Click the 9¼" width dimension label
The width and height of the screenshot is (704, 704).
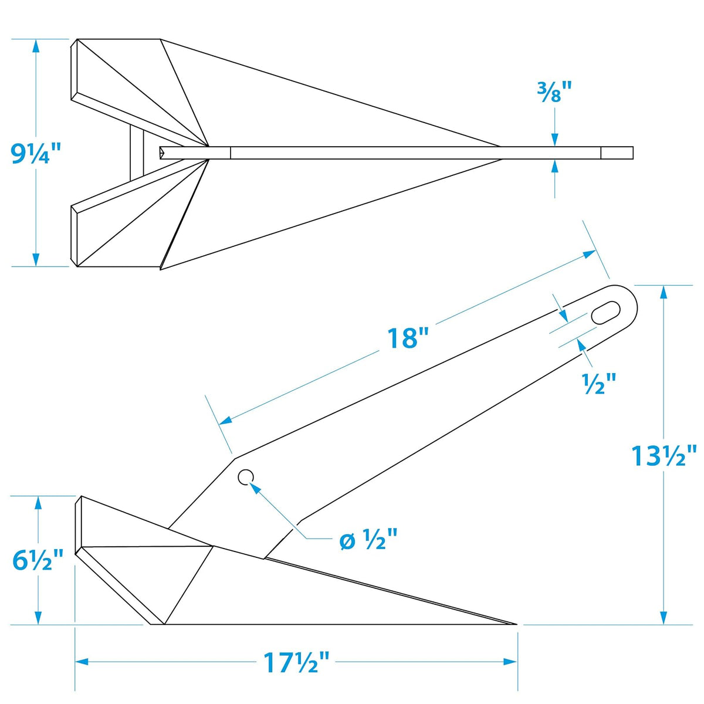coord(35,154)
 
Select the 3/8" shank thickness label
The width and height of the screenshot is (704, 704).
coord(554,93)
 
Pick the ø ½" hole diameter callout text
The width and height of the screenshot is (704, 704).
coord(367,541)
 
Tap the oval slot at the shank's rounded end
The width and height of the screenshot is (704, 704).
coord(606,313)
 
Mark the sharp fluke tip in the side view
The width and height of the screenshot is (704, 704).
coord(516,624)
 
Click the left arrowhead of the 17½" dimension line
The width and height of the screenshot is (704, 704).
coord(82,662)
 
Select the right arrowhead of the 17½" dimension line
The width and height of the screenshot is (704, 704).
coord(510,662)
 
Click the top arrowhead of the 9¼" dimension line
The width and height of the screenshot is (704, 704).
coord(36,47)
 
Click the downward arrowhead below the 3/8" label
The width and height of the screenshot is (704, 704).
coord(554,139)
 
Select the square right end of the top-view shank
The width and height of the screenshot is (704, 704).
coord(617,153)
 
